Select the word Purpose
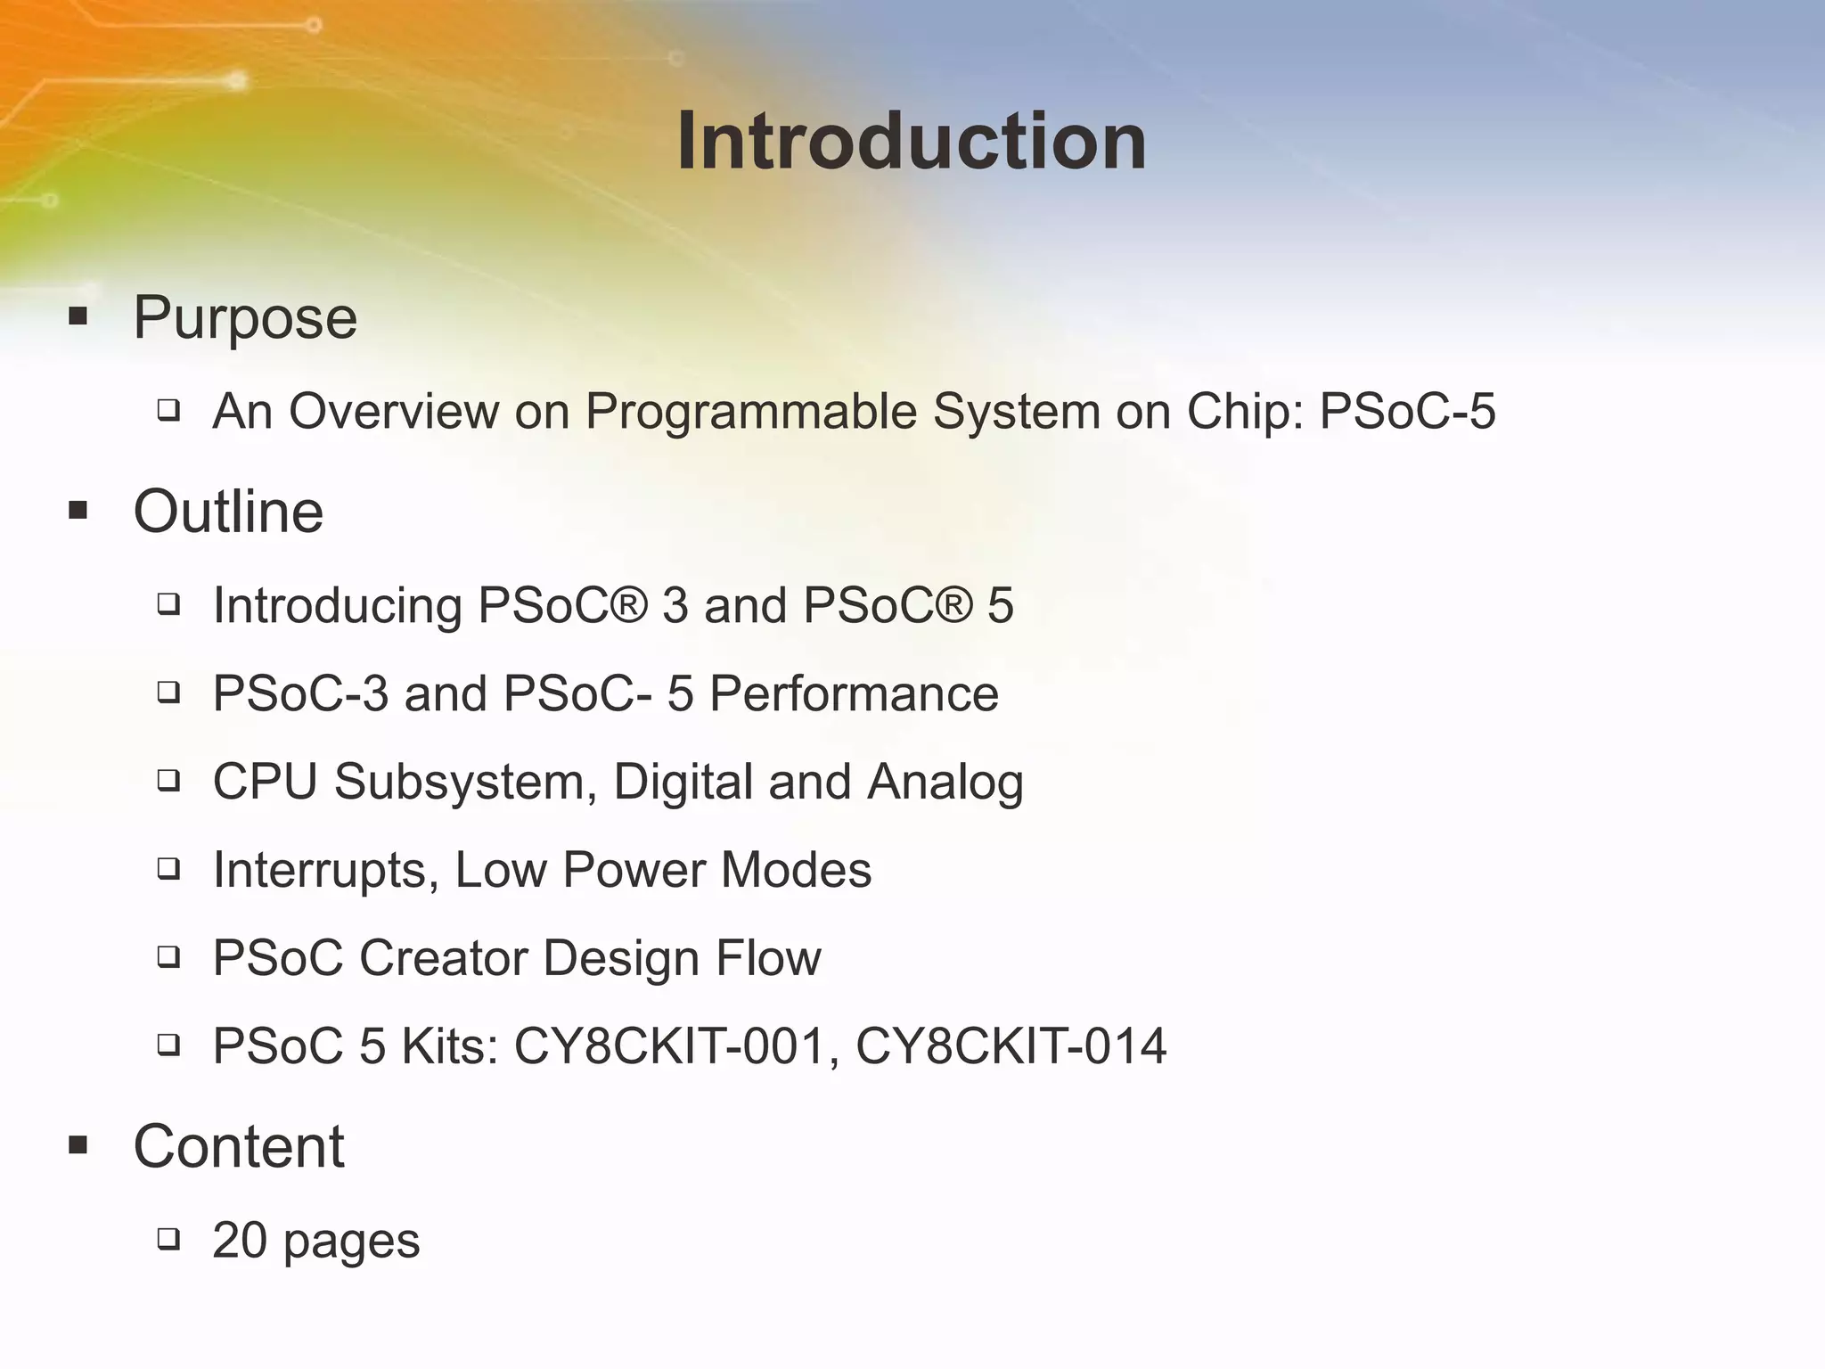(x=245, y=317)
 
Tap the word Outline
(x=228, y=512)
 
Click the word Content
(x=238, y=1146)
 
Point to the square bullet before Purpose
(x=78, y=316)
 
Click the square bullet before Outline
(x=78, y=511)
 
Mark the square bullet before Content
(x=78, y=1145)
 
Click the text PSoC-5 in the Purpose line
(x=1406, y=412)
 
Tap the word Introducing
(x=338, y=607)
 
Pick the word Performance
(x=854, y=693)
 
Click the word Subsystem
(x=465, y=783)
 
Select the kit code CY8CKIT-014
(x=1011, y=1045)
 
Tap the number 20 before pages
(x=239, y=1240)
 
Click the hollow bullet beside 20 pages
(x=168, y=1239)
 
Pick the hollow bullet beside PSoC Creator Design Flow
(x=168, y=957)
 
